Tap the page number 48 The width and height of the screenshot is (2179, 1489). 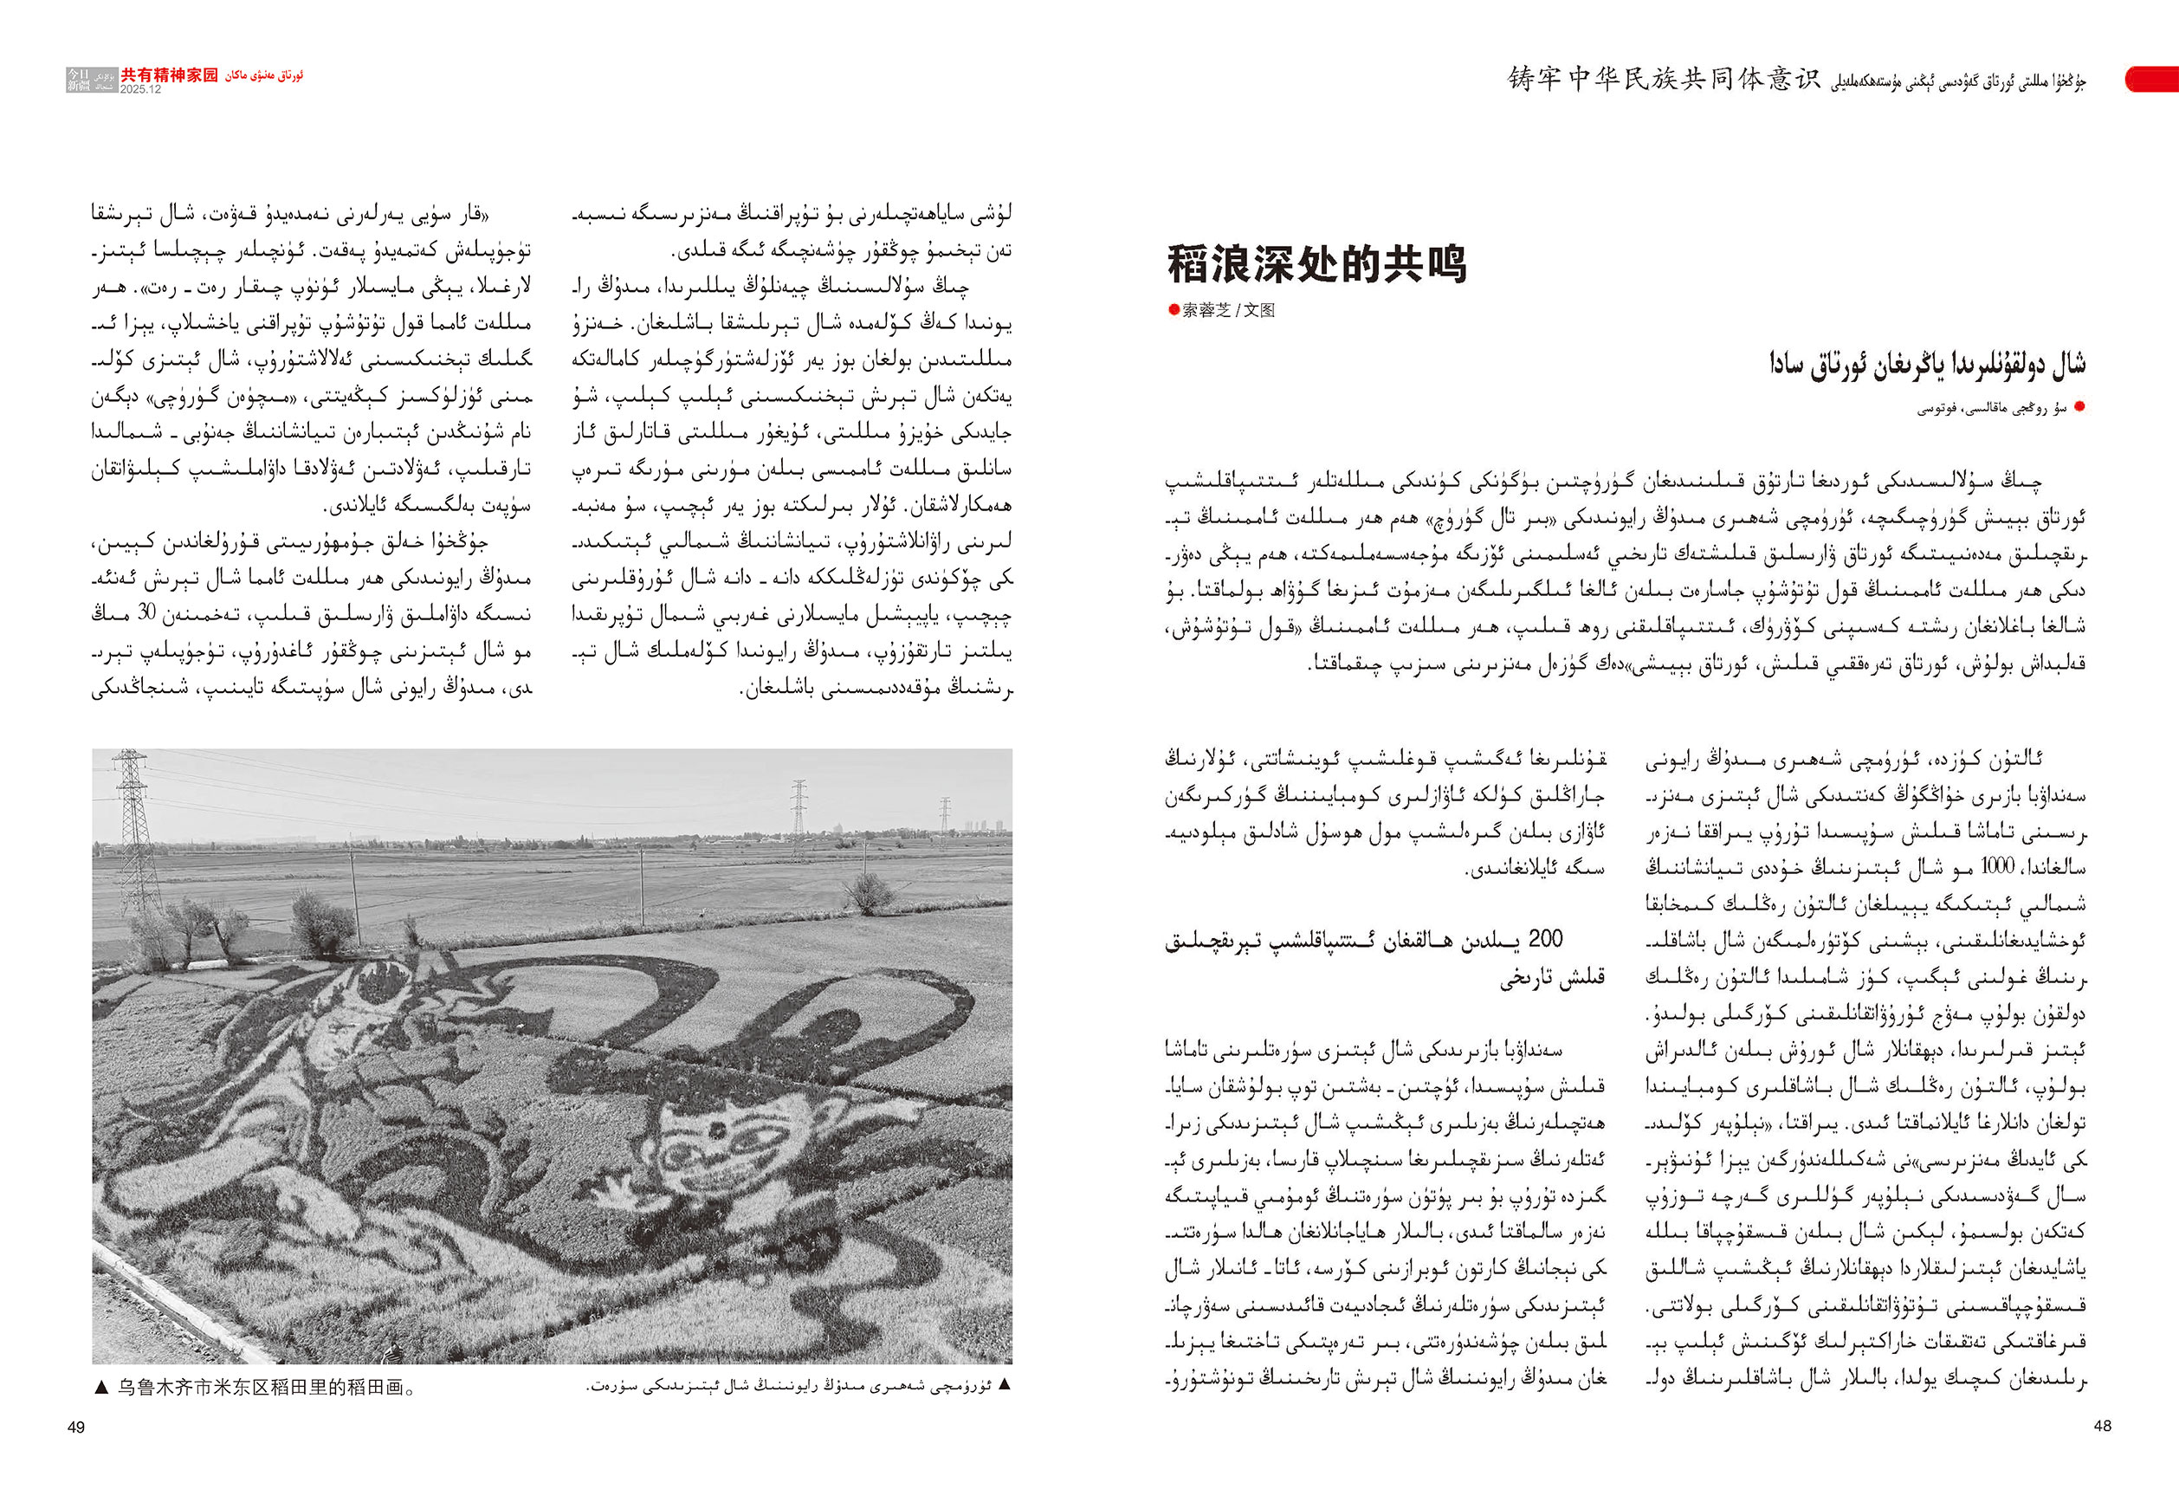coord(2102,1425)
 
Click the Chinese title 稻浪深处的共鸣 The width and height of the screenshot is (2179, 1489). coord(1316,264)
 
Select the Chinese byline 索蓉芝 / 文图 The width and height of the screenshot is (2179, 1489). coord(1228,310)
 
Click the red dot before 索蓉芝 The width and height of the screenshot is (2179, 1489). coord(1173,310)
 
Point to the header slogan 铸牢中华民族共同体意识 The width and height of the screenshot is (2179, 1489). coord(1664,79)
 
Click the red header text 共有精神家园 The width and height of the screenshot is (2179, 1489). coord(169,75)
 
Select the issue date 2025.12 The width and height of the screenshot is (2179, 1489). coord(140,89)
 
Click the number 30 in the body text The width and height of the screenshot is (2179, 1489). coord(146,614)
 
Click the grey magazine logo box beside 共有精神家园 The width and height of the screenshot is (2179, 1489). coord(92,80)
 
